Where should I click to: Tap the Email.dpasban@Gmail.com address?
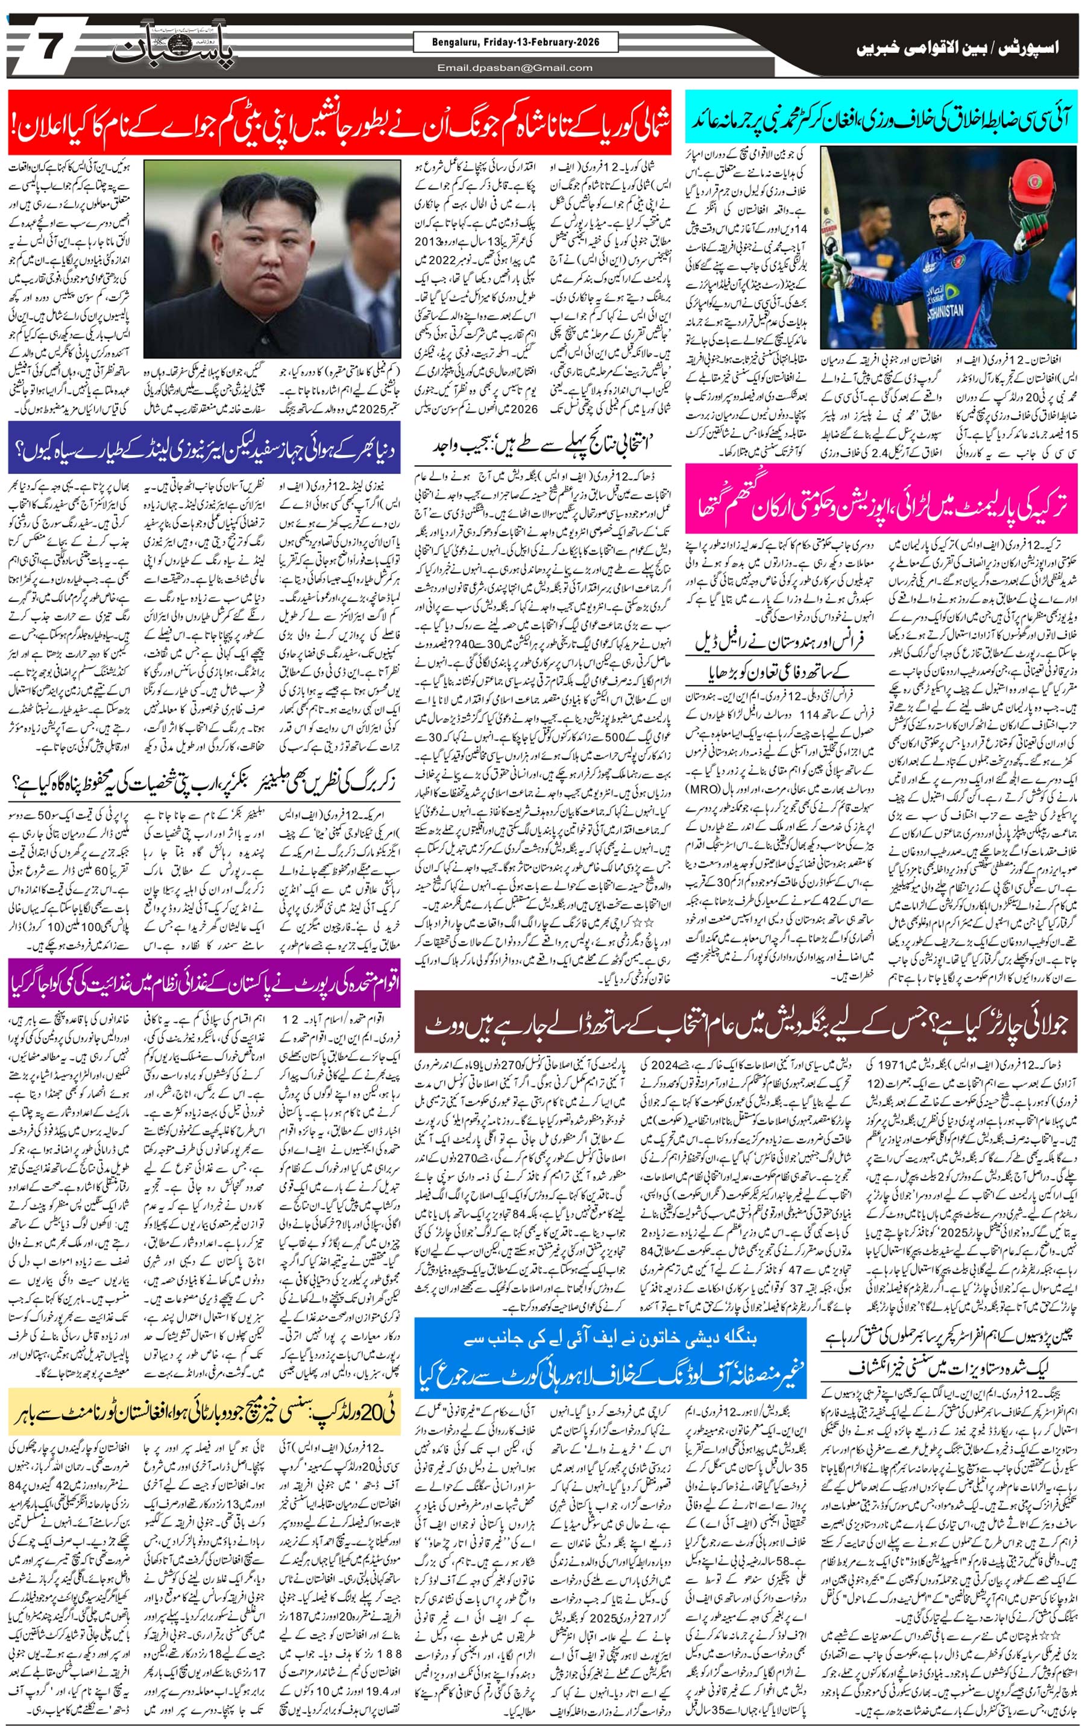515,68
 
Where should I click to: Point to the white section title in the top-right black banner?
957,48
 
